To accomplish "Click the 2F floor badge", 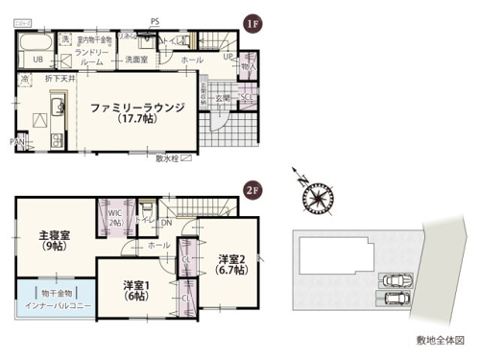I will pyautogui.click(x=252, y=189).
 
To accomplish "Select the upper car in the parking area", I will pyautogui.click(x=396, y=281).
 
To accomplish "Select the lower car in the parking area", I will pyautogui.click(x=396, y=300).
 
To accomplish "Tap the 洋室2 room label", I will pyautogui.click(x=233, y=264).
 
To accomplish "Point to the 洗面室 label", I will pyautogui.click(x=134, y=60).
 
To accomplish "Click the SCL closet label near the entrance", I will pyautogui.click(x=245, y=96).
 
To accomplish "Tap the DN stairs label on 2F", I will pyautogui.click(x=166, y=225).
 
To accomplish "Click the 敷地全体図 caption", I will pyautogui.click(x=440, y=340).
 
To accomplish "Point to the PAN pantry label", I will pyautogui.click(x=19, y=142).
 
